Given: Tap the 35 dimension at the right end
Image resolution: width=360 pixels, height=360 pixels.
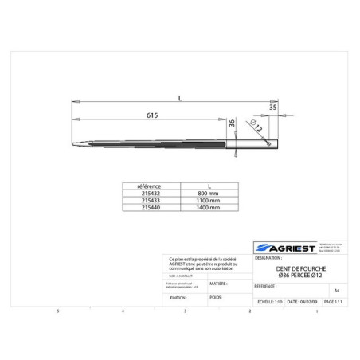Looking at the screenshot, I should [272, 105].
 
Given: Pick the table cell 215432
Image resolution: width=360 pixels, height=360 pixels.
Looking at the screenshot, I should [150, 193].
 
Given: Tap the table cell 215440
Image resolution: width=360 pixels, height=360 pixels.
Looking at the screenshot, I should [150, 207].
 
